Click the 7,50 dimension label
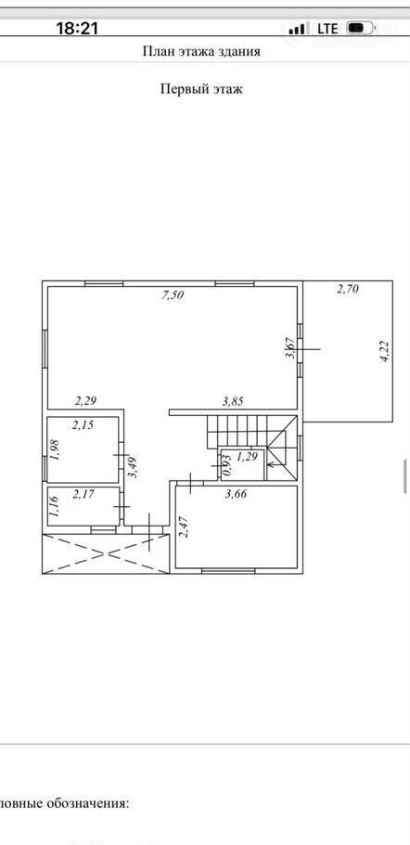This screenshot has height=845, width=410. point(173,294)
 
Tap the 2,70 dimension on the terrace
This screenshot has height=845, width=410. point(348,290)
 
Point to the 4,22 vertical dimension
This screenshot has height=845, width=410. point(385,351)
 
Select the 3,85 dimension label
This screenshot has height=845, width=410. point(233,401)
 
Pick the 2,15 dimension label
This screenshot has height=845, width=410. point(83,424)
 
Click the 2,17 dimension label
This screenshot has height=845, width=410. point(83,493)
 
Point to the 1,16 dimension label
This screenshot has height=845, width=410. point(54,507)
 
